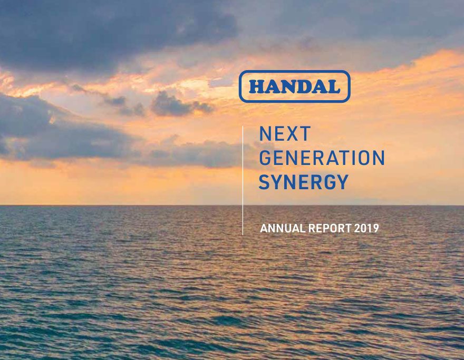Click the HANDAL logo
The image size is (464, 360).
point(294,86)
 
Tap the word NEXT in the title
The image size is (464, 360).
point(285,134)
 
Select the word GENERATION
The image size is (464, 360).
point(322,158)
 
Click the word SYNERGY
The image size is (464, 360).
point(304,182)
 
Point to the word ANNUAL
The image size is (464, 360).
point(283,228)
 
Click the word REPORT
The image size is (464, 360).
point(330,228)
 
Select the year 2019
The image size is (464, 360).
point(366,228)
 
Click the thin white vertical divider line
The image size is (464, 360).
point(243,180)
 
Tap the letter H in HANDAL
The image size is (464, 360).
point(257,86)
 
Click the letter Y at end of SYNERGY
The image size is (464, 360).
point(343,182)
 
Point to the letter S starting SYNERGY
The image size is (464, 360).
point(264,182)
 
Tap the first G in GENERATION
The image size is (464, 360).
point(265,158)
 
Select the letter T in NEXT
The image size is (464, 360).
point(305,134)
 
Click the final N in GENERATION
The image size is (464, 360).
point(379,158)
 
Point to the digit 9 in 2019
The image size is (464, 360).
point(376,228)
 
